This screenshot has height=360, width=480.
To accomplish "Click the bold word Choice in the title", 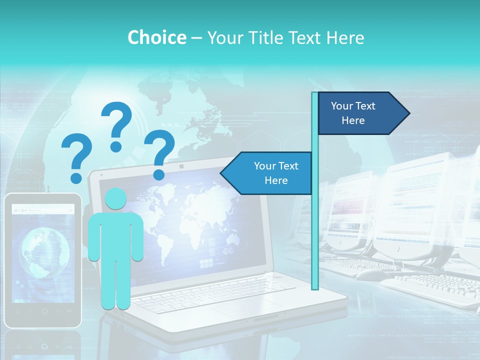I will (x=156, y=37).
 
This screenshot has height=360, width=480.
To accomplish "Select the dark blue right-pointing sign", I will (x=360, y=113).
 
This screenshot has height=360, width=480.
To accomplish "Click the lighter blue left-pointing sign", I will (x=267, y=173).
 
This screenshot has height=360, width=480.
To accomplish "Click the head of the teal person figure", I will (x=115, y=199).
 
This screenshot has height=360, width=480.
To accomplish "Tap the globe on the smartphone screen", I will (x=44, y=253).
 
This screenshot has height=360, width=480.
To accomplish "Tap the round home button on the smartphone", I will (x=44, y=311).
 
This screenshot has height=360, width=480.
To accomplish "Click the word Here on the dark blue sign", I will (x=353, y=120).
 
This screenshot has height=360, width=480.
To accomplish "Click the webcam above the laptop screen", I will (x=181, y=165).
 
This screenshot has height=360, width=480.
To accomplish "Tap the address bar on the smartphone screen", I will (x=45, y=210).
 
